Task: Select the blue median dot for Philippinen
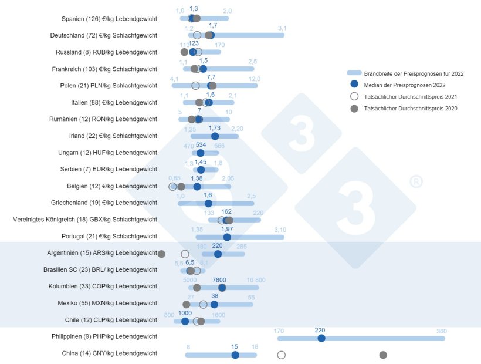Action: pos(321,338)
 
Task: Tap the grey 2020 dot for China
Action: pos(383,355)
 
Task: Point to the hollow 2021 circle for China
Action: pos(282,355)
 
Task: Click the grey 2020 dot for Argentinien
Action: pos(162,254)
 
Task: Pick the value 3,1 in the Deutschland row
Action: pos(282,28)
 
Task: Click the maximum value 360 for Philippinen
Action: pos(441,331)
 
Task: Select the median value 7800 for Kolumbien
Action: pos(219,280)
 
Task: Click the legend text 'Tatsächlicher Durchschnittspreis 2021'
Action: pos(410,97)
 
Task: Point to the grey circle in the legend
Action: pos(354,109)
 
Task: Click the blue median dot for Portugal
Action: pos(227,237)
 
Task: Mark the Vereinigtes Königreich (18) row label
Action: pos(85,220)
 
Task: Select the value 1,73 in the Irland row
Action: pos(215,128)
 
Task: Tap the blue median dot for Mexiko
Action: pos(214,304)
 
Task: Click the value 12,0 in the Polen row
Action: pos(254,79)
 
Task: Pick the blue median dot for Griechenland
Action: pos(208,203)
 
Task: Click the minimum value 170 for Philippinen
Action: pos(279,331)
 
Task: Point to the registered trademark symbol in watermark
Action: pos(414,181)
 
